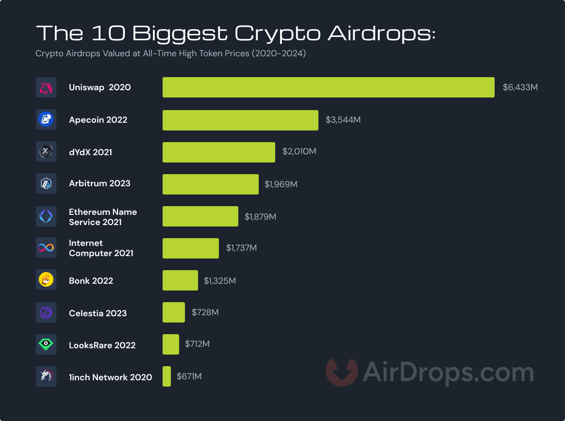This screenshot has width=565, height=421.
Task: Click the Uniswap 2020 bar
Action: [328, 87]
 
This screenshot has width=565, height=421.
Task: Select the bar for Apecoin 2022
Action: [240, 120]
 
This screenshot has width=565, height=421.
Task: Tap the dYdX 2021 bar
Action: [218, 152]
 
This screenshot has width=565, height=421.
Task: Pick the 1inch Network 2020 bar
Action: [166, 376]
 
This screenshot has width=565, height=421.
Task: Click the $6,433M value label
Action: [520, 88]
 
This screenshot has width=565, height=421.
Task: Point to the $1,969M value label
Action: [281, 184]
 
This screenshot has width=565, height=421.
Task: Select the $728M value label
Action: [205, 312]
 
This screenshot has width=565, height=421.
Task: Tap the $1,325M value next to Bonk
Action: [219, 281]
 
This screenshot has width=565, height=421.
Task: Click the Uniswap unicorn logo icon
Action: [46, 87]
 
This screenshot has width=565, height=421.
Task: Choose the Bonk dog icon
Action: [46, 280]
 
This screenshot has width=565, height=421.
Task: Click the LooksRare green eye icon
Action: [46, 344]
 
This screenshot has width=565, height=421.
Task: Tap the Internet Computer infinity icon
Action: [46, 248]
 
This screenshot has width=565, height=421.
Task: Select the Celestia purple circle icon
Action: [46, 312]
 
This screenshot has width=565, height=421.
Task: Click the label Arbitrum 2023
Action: [100, 184]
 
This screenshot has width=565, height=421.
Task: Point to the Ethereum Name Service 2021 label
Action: [102, 217]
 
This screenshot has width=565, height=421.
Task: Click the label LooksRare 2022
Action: [102, 345]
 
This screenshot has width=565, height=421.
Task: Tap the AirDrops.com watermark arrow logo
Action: [341, 372]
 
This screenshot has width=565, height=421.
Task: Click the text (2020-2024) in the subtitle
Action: [278, 54]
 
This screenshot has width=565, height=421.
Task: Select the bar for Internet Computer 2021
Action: [190, 248]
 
